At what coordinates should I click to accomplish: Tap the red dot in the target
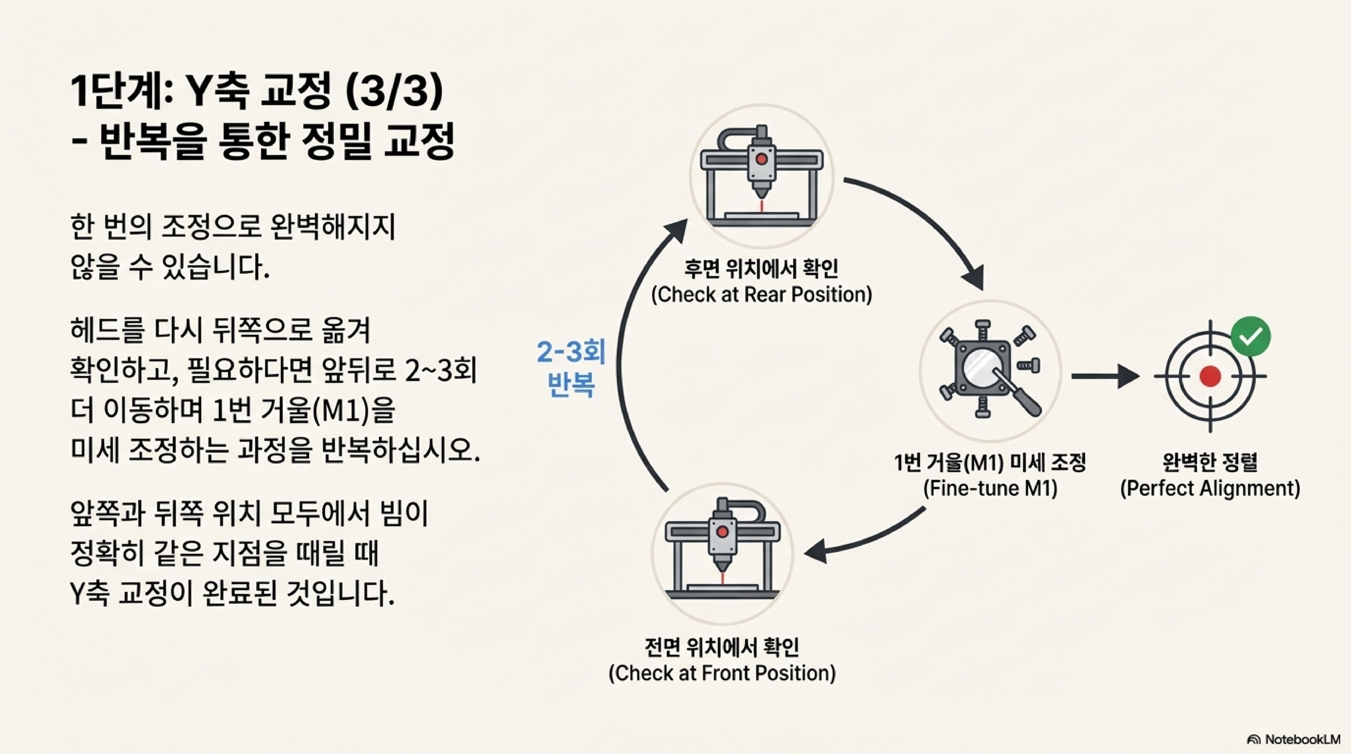click(x=1211, y=376)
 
